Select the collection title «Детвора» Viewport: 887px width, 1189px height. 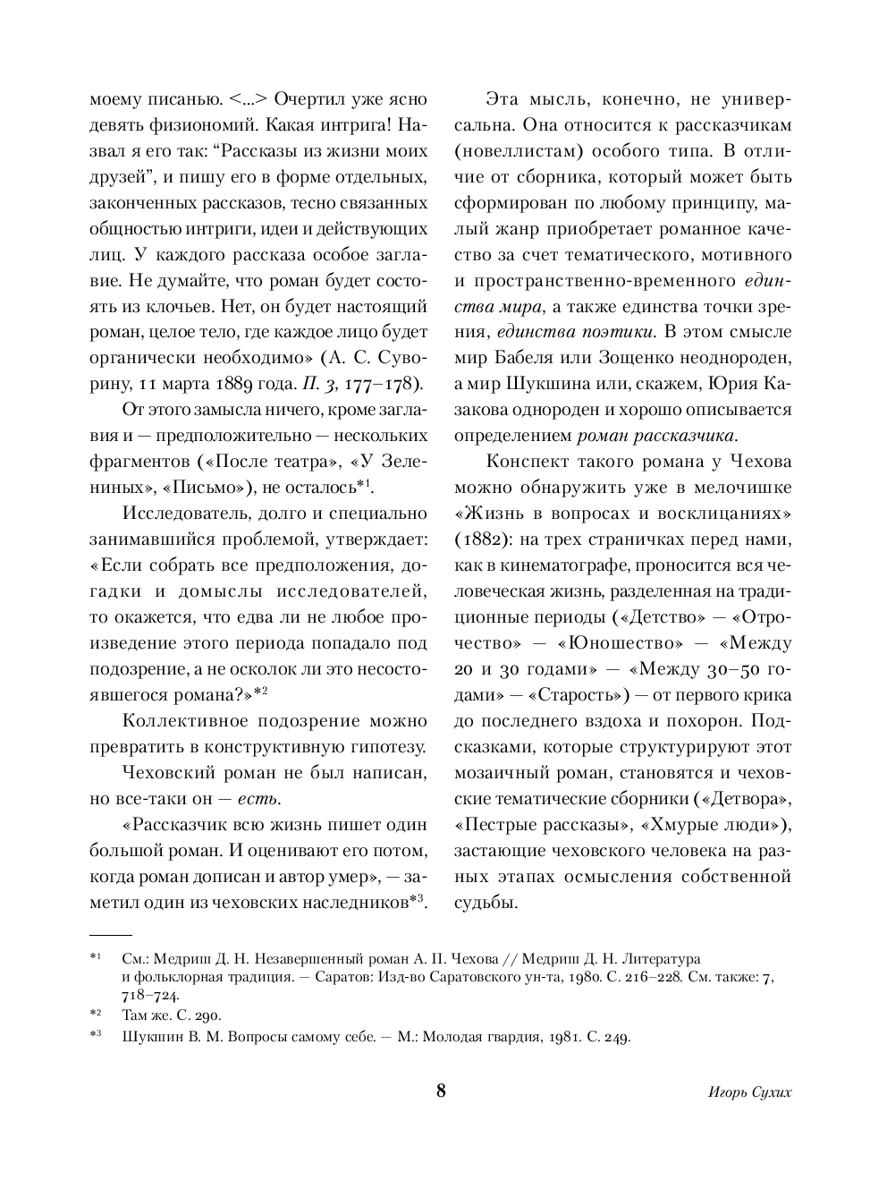(749, 798)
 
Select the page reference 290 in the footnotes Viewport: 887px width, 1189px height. (207, 1015)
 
